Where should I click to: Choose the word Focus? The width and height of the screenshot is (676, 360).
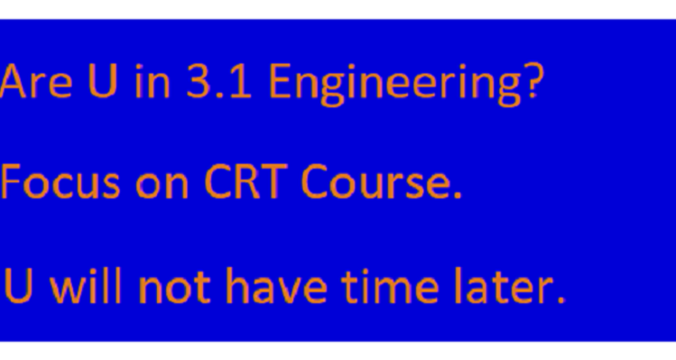pyautogui.click(x=60, y=183)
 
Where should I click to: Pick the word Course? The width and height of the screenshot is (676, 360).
pyautogui.click(x=374, y=183)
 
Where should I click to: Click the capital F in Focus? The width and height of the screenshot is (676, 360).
pyautogui.click(x=13, y=183)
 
